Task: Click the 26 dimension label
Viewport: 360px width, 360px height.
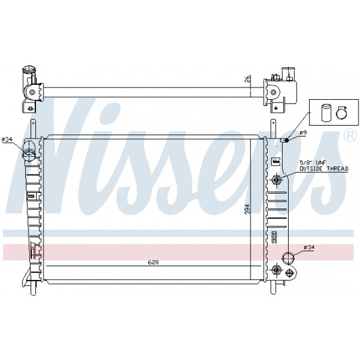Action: [247, 79]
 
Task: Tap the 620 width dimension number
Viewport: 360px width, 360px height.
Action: [153, 262]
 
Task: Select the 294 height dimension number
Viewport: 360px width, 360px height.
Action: [247, 209]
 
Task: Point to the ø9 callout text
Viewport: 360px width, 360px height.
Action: [303, 132]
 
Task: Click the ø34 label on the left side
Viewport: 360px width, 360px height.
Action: [7, 140]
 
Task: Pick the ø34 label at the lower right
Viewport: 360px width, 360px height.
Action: [309, 247]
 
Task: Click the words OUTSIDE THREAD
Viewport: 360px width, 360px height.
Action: [324, 168]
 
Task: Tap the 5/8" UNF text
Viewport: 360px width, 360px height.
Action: [312, 163]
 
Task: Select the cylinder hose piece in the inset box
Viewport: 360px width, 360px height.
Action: [326, 112]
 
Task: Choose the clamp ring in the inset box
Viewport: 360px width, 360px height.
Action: [342, 113]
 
